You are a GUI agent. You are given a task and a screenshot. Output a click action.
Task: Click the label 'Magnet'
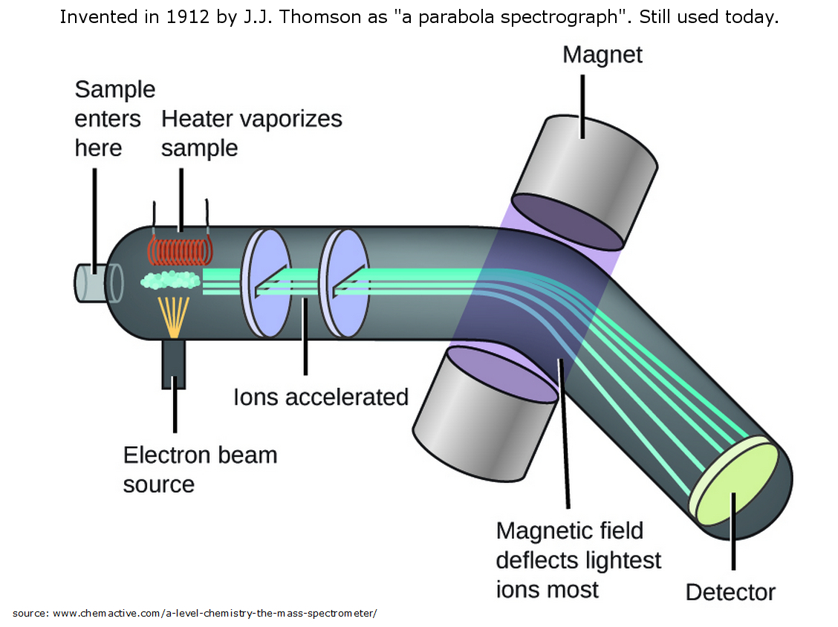pos(602,55)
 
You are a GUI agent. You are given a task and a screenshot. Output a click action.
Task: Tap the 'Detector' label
pos(730,592)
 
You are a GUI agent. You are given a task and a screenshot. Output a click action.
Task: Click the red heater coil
pos(181,250)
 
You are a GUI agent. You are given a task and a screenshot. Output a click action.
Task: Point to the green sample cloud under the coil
pos(170,280)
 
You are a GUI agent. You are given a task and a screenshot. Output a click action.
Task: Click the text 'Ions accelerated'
pos(321,397)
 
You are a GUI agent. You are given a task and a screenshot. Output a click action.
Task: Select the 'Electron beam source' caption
pos(200,469)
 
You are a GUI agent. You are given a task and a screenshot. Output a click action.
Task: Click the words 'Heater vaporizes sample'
pos(251,133)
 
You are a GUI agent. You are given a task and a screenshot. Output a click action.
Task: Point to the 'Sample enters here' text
pos(114,118)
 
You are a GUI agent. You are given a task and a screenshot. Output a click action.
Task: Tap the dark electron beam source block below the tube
pos(174,364)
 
